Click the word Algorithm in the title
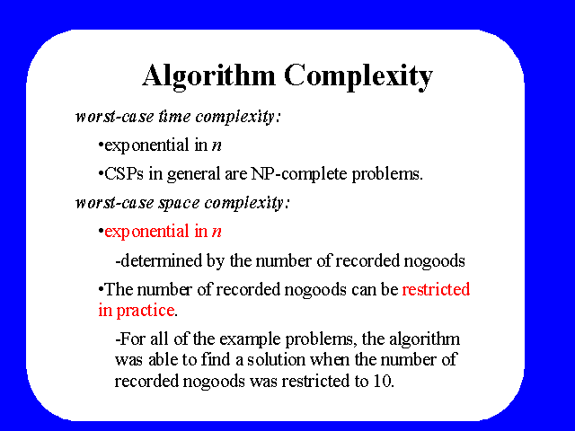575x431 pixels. click(208, 76)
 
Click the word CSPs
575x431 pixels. click(124, 173)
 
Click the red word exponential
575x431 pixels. click(146, 232)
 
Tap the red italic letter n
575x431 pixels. click(217, 233)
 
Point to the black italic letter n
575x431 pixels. click(217, 145)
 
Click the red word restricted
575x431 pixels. click(436, 289)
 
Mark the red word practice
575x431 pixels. click(146, 312)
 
